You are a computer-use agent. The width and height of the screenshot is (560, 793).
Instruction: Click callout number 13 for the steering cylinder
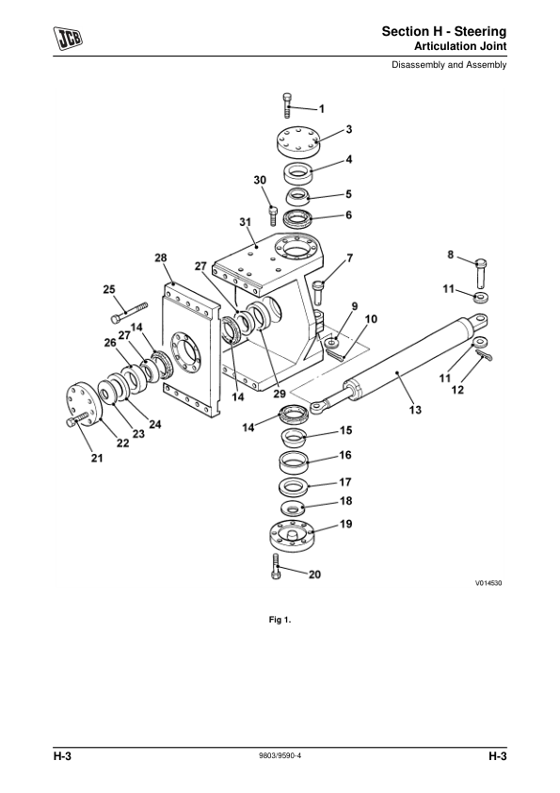[415, 410]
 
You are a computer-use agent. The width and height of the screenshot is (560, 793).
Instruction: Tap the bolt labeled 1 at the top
[287, 105]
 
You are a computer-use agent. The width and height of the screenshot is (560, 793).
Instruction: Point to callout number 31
[245, 222]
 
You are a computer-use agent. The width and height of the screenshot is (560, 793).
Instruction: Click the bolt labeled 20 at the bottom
[276, 567]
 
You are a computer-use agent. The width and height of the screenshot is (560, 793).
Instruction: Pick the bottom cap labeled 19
[292, 536]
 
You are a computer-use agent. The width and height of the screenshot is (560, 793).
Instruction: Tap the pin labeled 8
[482, 274]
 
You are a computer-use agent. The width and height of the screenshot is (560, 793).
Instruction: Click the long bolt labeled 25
[129, 312]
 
